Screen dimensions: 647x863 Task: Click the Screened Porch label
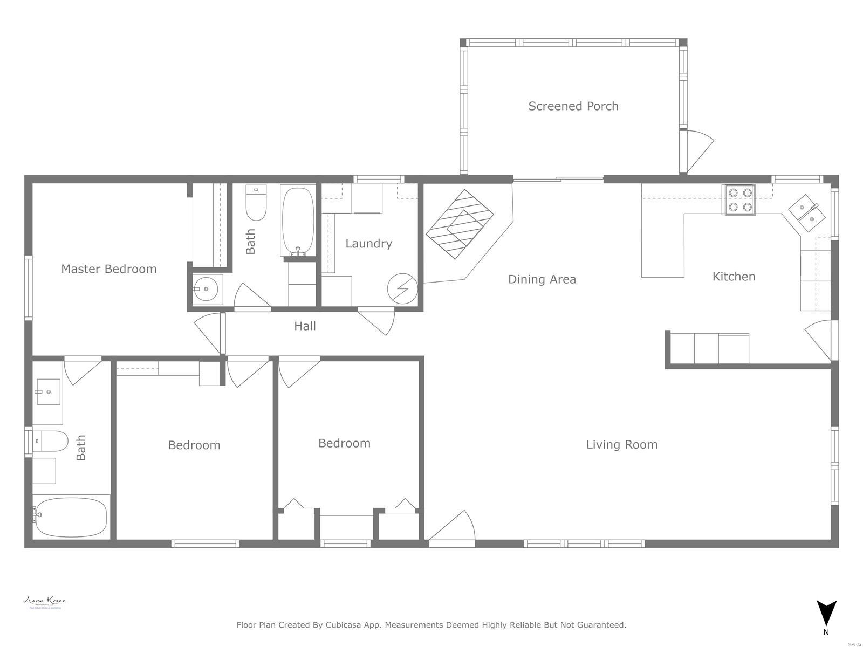(573, 106)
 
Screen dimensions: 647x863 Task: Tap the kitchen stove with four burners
(738, 199)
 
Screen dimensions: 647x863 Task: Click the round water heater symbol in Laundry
(402, 288)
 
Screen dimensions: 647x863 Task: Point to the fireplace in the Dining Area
(461, 224)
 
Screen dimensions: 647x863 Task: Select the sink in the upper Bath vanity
(206, 289)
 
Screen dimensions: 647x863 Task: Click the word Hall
(305, 326)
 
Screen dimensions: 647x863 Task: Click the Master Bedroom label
(108, 269)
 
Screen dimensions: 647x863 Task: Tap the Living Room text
(621, 445)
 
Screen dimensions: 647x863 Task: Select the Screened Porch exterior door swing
(697, 149)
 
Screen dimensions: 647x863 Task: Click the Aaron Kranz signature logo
(45, 602)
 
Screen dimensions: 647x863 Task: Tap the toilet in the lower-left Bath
(50, 441)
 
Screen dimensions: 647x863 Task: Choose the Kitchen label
(734, 277)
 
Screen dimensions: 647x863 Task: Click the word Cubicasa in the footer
(346, 625)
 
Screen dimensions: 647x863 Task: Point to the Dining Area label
(542, 279)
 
